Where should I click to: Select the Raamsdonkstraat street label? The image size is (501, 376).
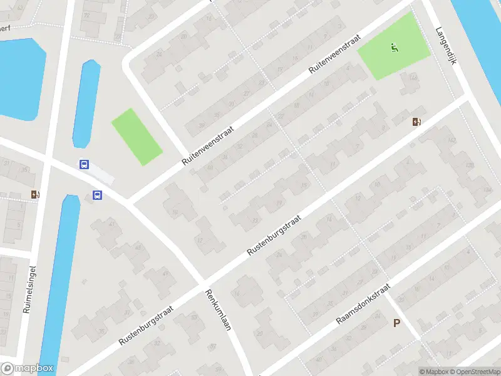(x=363, y=304)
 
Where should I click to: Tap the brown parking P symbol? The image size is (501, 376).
(x=396, y=323)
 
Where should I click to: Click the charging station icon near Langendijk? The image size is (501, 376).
(x=416, y=122)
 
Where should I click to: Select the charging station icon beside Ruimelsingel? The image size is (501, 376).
(x=35, y=194)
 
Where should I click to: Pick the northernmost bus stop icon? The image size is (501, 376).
(x=84, y=165)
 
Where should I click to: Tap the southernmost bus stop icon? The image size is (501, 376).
(x=98, y=195)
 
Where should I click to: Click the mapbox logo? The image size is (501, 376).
(x=28, y=368)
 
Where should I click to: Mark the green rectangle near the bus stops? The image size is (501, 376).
(x=137, y=137)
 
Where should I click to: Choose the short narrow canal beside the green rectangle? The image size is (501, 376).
(x=86, y=103)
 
